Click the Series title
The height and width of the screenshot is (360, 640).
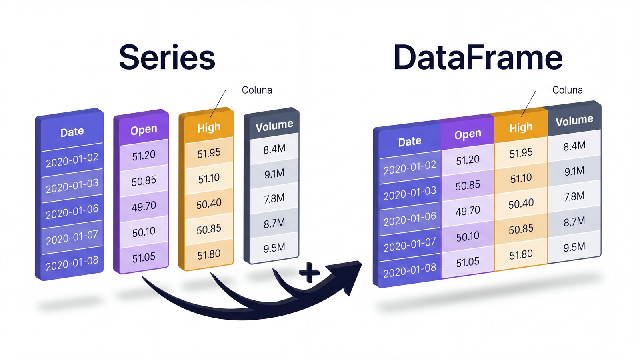pos(167,58)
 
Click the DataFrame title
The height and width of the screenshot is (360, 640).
pos(478,58)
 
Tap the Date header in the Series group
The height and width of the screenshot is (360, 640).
pos(72,132)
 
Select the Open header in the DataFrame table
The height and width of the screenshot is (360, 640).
pos(468,134)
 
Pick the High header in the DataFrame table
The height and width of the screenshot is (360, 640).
pos(521,127)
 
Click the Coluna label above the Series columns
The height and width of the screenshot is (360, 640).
pos(257,90)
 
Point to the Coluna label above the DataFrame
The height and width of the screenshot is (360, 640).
pos(567,90)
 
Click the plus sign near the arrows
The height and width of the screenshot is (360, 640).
pos(309,273)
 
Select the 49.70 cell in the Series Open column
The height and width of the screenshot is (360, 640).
pos(144,206)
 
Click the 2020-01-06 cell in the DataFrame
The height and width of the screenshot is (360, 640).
pos(410,219)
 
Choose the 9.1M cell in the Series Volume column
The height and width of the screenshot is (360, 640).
pos(274,174)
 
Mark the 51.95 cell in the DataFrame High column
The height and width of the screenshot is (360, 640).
pos(521,153)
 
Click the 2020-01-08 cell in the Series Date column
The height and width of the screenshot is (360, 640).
pos(72,263)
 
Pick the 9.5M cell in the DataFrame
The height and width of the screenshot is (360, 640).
pos(574,247)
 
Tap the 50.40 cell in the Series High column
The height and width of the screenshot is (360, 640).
pos(209,204)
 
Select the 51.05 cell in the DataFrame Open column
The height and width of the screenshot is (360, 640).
pos(468,262)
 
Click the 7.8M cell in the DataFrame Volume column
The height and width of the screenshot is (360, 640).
pos(574,196)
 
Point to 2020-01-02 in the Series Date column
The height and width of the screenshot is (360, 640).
pos(72,160)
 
